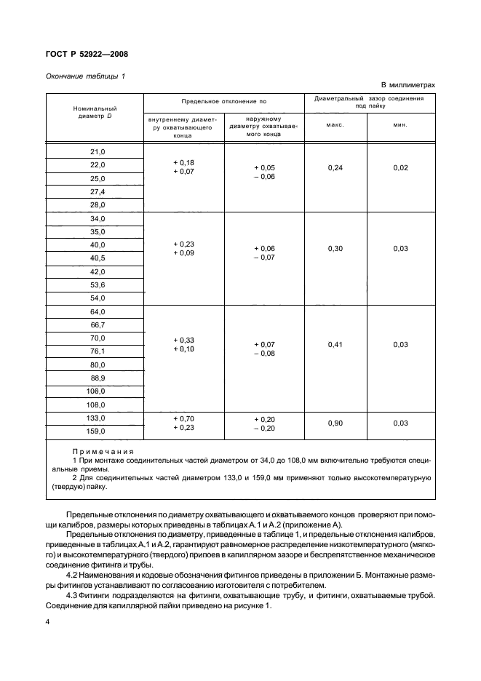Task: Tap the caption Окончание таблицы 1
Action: [84, 76]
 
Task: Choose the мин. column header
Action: [399, 124]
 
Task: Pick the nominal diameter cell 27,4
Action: [98, 191]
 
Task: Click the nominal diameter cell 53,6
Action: [98, 284]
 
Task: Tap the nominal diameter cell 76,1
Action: [98, 351]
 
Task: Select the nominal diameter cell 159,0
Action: [98, 431]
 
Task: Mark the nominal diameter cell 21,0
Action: [98, 151]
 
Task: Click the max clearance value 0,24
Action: [335, 168]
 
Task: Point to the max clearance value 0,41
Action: [335, 344]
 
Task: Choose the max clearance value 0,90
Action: [335, 423]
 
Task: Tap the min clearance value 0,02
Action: [399, 168]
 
